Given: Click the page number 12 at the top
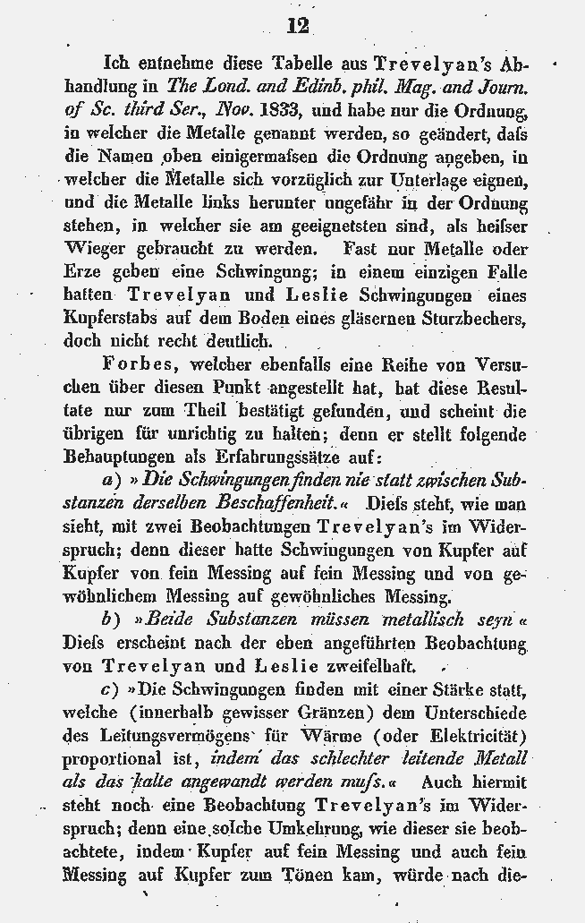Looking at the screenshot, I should [x=299, y=25].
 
